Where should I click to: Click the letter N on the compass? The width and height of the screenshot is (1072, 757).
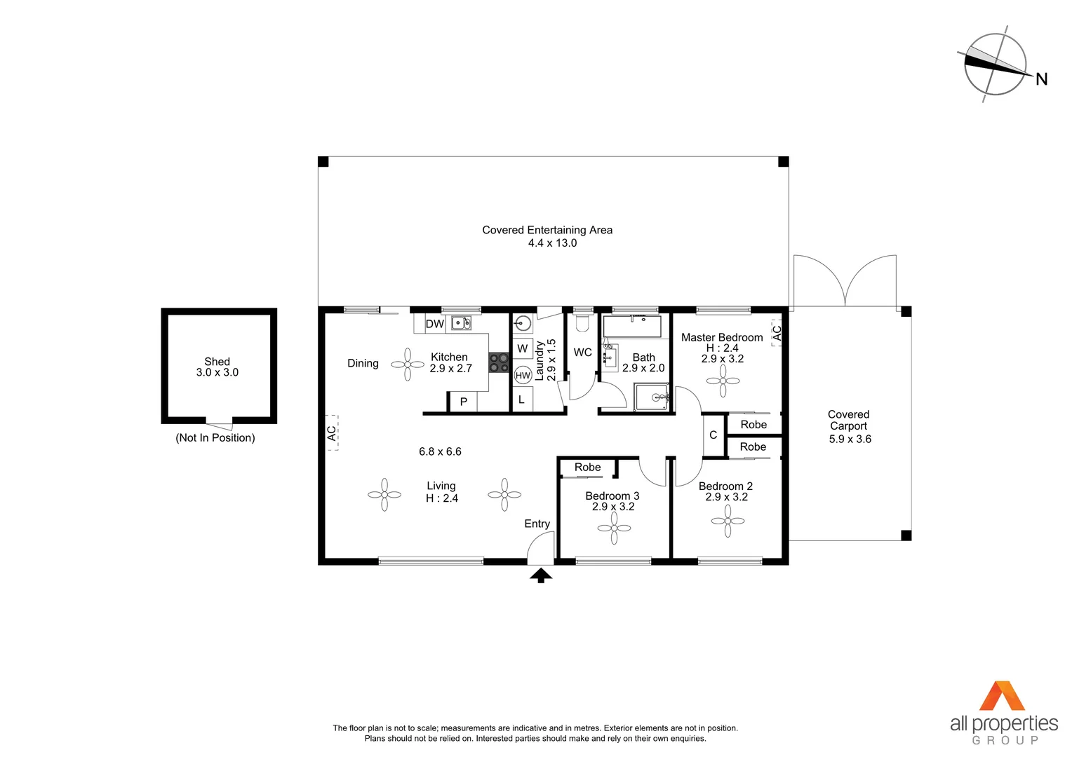1041,79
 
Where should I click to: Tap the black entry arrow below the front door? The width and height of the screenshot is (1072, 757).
540,575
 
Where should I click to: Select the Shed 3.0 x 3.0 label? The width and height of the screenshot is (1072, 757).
217,367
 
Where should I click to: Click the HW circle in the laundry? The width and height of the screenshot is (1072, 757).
523,375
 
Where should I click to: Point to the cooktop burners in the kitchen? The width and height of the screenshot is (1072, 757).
499,362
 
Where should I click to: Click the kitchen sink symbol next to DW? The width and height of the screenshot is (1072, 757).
460,323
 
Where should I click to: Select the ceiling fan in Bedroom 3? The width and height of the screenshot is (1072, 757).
614,528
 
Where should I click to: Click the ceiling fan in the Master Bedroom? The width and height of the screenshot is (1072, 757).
723,381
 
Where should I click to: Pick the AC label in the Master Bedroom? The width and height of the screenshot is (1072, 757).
777,334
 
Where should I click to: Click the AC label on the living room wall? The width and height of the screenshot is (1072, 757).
332,433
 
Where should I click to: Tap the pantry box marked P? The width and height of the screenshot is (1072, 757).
463,402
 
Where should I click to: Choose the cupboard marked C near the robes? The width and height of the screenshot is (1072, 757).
713,435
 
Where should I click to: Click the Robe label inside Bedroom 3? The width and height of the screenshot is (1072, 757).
587,468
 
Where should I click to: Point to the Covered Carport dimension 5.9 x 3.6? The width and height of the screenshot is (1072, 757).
850,439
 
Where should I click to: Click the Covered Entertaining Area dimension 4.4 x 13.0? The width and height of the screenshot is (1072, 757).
552,243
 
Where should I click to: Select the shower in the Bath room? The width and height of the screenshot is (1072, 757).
651,397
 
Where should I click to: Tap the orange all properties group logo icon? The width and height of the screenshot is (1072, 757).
1001,696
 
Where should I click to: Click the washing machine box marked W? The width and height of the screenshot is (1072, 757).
522,348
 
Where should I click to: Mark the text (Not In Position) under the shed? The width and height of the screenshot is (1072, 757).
215,438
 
